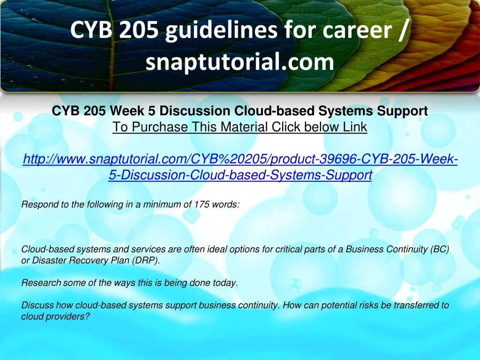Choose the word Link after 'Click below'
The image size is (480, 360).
[355, 127]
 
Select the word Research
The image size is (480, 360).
[41, 283]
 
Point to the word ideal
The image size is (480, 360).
[217, 249]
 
